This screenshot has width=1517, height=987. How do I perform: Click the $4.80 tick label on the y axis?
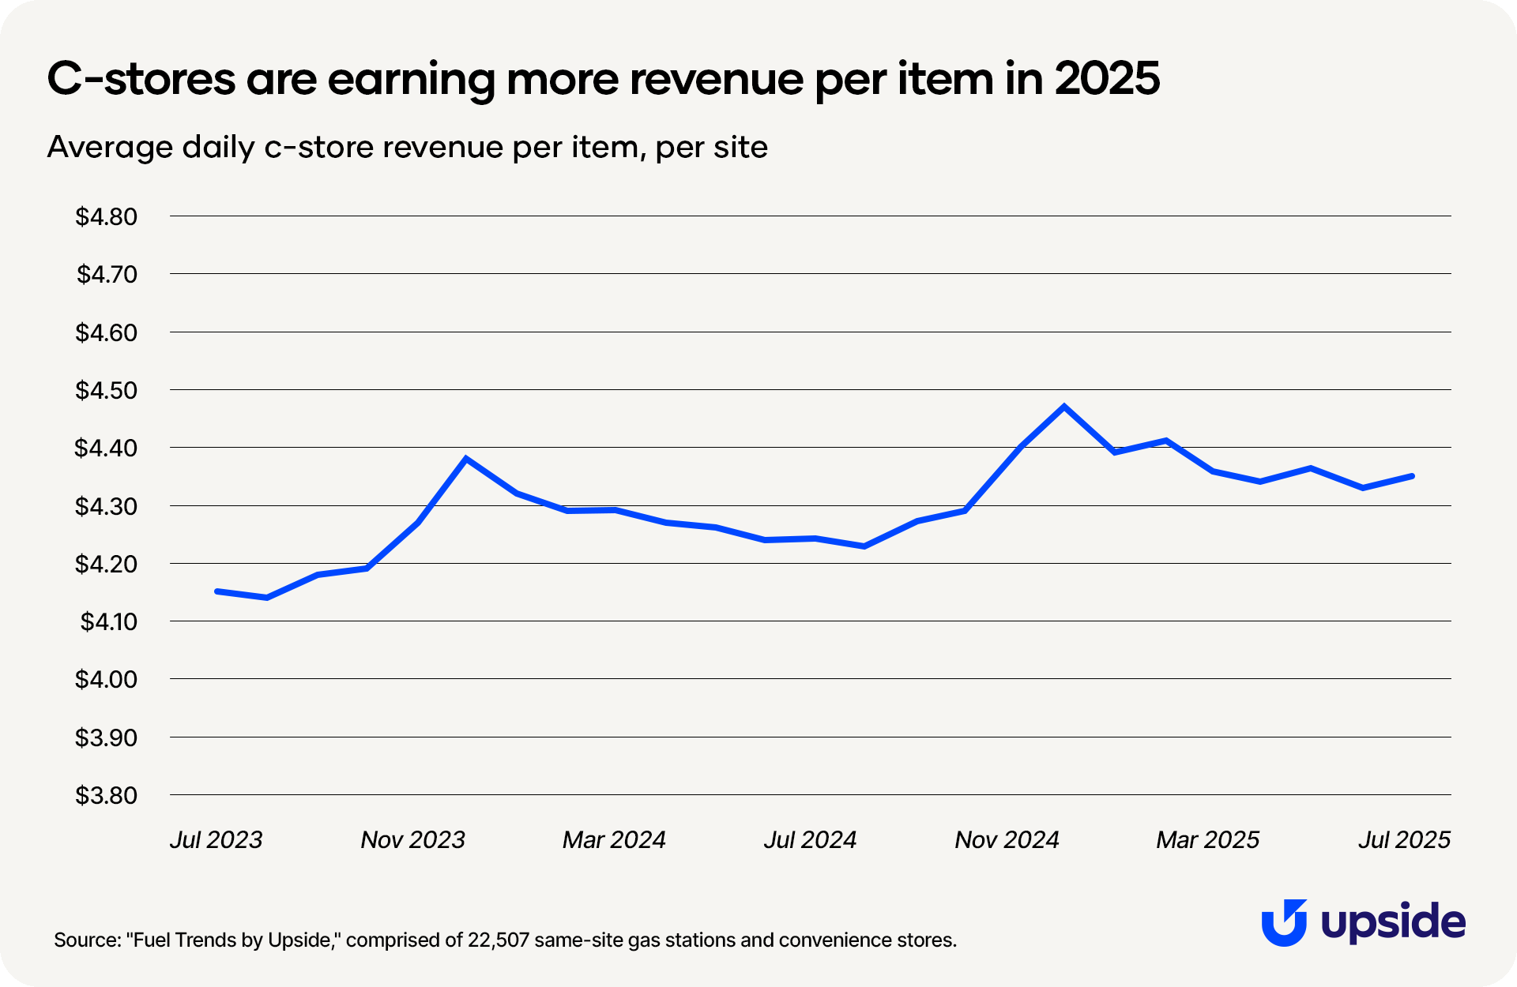pos(106,216)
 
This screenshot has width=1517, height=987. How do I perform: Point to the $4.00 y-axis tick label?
pos(106,679)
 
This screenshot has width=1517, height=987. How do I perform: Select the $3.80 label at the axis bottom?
pos(106,795)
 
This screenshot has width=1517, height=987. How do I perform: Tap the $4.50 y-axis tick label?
pos(106,390)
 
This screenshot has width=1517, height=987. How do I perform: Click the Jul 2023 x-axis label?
pos(216,839)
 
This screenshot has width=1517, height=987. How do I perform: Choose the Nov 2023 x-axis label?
pos(412,839)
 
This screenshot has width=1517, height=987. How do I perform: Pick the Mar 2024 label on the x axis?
pos(614,839)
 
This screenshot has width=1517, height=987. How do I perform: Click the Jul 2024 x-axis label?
pos(810,839)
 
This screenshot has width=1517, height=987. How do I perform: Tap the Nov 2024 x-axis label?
pos(1007,839)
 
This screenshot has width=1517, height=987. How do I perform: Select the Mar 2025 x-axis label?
pos(1207,839)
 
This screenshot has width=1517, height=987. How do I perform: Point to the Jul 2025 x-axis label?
pos(1404,839)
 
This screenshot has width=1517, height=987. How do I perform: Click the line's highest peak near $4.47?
pos(1064,407)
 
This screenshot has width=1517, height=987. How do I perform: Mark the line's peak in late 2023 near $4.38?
pos(466,458)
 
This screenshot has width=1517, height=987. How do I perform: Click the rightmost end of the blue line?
pos(1411,476)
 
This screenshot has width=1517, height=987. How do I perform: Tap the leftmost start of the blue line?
pos(217,591)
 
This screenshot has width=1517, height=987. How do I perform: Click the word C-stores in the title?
pos(141,79)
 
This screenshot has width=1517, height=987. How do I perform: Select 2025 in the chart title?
pos(1107,79)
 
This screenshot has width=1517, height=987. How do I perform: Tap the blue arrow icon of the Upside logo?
pos(1284,922)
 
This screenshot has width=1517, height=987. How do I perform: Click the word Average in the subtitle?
pos(110,148)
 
